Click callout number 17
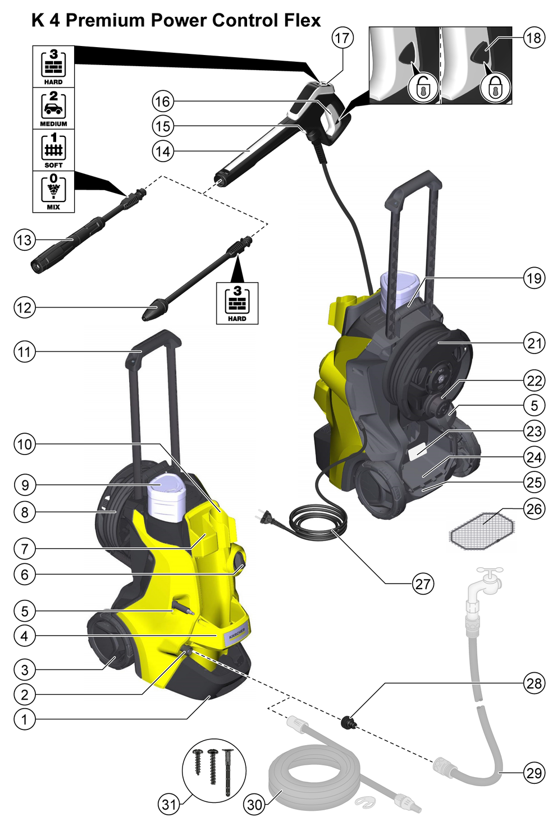coord(342,38)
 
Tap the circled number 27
coord(423,584)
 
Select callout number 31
coord(169,805)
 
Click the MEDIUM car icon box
coord(53,108)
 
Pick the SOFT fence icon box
coord(53,150)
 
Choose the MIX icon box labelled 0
coord(53,191)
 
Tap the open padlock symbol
coord(423,88)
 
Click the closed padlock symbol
coord(495,88)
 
